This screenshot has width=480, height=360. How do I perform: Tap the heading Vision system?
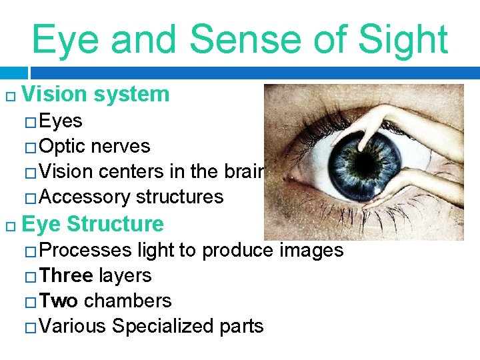click(95, 94)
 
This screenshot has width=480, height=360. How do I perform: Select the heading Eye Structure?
click(93, 223)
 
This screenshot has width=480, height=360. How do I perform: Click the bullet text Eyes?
click(61, 121)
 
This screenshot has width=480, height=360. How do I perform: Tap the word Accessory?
click(85, 197)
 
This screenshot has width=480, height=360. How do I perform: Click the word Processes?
click(86, 250)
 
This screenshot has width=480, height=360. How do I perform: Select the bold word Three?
click(66, 275)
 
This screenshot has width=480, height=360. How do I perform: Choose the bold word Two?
click(59, 301)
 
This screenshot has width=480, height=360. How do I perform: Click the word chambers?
click(128, 301)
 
